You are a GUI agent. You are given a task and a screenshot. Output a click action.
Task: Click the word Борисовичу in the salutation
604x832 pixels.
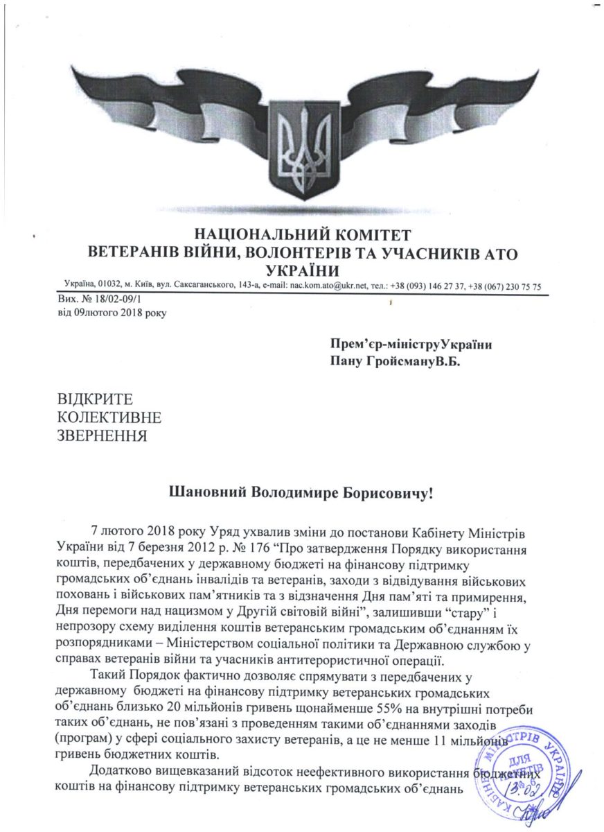(x=384, y=493)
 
